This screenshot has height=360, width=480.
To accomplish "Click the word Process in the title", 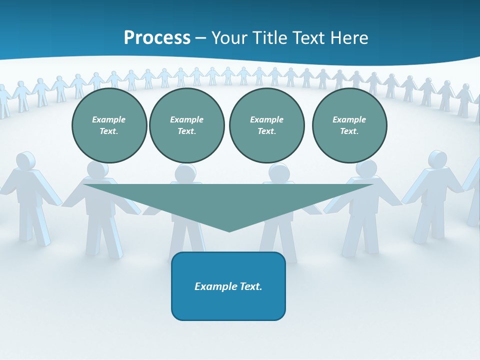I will (157, 38).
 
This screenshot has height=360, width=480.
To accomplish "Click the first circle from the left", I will (109, 125).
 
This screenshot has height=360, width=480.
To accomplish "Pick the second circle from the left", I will (187, 125).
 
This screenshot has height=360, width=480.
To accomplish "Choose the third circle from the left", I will (266, 125).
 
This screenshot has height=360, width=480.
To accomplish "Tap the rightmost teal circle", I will (349, 125).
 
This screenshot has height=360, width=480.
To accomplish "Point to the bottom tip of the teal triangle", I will (229, 231).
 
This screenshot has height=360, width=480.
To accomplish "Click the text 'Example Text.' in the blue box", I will (228, 286).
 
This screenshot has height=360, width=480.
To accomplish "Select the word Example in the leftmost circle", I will (109, 119).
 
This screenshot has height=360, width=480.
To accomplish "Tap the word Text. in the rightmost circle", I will (349, 131).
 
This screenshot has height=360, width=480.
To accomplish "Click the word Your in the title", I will (228, 38).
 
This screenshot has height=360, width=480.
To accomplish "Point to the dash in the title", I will (200, 38).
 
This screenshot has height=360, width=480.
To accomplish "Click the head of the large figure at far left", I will (25, 161).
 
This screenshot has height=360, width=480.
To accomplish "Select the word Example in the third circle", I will (266, 119).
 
